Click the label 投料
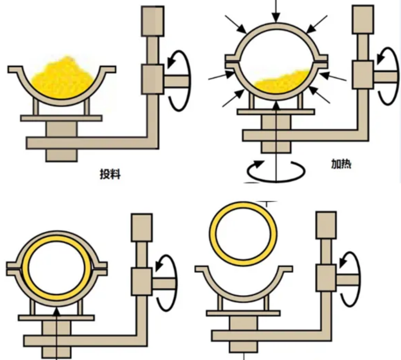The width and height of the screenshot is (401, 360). (110, 174)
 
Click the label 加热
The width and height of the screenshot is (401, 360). (341, 164)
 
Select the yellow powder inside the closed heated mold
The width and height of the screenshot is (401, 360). (281, 81)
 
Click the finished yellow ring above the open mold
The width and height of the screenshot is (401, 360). (243, 205)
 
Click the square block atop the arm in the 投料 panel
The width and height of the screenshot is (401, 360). (153, 21)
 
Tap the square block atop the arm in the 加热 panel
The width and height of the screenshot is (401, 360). (363, 20)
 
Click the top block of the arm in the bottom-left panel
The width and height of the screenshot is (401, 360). (142, 228)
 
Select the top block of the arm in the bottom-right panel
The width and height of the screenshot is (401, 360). (326, 225)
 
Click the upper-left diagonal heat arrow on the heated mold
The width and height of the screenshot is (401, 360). (236, 24)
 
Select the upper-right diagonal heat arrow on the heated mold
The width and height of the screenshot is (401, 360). (316, 24)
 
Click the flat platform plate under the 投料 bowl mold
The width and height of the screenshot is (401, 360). (61, 118)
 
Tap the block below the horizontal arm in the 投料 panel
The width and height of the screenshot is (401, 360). (61, 155)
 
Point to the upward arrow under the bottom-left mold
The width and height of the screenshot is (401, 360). (56, 333)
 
